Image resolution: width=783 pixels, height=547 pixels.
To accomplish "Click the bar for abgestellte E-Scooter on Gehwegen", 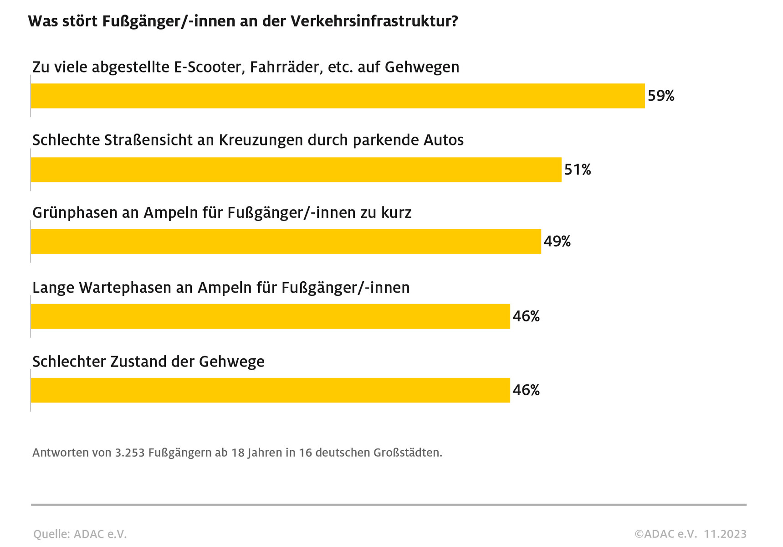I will (x=338, y=96).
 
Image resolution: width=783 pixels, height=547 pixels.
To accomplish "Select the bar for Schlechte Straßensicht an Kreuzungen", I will (x=296, y=170).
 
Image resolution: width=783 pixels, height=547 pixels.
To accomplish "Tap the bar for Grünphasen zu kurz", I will (x=286, y=241).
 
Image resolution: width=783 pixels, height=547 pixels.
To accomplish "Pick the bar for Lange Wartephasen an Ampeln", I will (x=270, y=316).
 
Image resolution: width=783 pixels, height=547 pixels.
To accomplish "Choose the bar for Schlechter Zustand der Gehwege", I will (x=270, y=390).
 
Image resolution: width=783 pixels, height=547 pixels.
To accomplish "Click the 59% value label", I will (x=661, y=96).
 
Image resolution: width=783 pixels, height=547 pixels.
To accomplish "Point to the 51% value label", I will (x=578, y=170).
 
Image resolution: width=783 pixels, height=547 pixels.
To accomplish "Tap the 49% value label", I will (x=557, y=241).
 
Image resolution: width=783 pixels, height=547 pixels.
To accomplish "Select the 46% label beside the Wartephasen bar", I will (x=526, y=316).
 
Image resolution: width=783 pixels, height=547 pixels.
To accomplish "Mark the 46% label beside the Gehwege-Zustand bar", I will (x=526, y=390).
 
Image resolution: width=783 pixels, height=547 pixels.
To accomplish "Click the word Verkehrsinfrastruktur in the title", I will (x=374, y=21).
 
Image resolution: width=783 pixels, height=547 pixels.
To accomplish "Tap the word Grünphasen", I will (x=75, y=213).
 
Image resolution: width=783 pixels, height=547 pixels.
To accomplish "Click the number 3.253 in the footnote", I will (x=130, y=453).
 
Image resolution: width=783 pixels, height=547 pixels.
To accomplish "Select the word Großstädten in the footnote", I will (x=408, y=453).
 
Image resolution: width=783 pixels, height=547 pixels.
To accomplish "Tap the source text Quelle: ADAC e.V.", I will (x=80, y=534).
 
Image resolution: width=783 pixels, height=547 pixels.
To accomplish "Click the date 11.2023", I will (x=725, y=534).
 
